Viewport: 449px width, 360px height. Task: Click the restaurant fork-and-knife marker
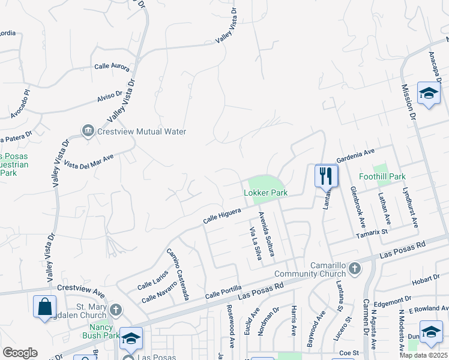(x=326, y=176)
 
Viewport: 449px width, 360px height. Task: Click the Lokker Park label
(x=265, y=193)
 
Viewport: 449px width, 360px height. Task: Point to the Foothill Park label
(x=382, y=176)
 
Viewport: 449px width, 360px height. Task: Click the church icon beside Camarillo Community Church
(x=355, y=268)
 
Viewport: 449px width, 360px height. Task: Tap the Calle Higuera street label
(x=222, y=216)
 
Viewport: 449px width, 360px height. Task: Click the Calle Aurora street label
(x=112, y=67)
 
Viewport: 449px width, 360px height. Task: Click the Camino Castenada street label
(x=178, y=274)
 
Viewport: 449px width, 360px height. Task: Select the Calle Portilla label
(x=223, y=292)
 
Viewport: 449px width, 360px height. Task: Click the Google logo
(x=20, y=352)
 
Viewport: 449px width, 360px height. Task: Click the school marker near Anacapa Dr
(x=429, y=93)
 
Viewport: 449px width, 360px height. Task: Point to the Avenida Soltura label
(x=265, y=234)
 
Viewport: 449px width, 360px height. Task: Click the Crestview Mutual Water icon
(x=88, y=131)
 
